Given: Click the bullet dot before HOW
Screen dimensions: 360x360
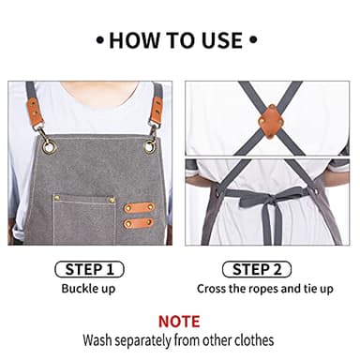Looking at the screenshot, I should [x=101, y=40].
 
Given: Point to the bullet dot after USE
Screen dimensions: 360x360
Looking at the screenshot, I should [x=251, y=40].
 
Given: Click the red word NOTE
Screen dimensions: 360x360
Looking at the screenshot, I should [x=180, y=321].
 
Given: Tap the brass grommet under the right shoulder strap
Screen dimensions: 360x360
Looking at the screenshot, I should [x=149, y=145].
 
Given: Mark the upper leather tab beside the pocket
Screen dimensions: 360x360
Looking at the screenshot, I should [x=139, y=206].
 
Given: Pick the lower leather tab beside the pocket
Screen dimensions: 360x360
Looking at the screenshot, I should [x=139, y=223].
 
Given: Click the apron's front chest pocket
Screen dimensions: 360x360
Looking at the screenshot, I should [x=84, y=217].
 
